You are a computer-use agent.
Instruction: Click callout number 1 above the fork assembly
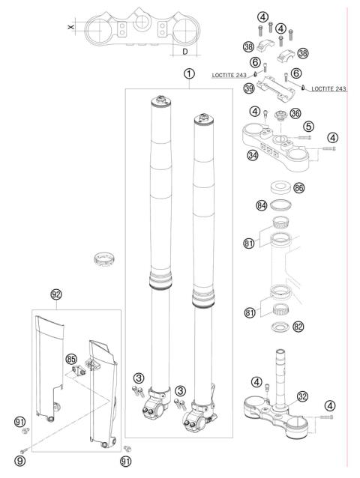click(189, 74)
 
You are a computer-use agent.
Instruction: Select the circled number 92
click(56, 294)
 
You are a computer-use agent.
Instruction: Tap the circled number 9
click(20, 461)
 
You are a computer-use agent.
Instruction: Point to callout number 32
click(302, 396)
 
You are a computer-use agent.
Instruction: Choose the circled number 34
click(253, 155)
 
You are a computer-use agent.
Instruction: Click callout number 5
click(308, 126)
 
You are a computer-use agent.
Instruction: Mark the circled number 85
click(71, 359)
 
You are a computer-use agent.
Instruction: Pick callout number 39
click(249, 88)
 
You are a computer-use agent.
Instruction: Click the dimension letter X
click(70, 27)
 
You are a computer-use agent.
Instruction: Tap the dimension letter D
click(185, 52)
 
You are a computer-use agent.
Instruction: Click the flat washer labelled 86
click(280, 187)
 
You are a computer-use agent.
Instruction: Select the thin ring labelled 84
click(280, 205)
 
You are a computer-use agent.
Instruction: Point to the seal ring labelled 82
click(280, 327)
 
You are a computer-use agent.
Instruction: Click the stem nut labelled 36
click(280, 115)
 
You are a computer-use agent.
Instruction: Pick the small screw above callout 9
click(24, 450)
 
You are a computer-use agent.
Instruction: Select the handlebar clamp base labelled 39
click(276, 89)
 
